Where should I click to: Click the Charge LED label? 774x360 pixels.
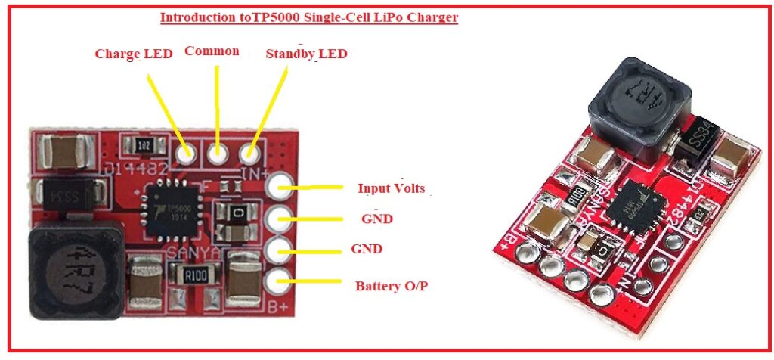(133, 54)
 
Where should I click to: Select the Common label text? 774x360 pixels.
(212, 51)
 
